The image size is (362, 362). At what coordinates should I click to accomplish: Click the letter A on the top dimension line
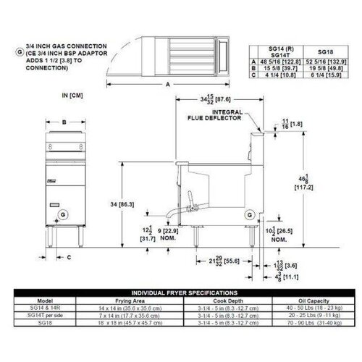tap(170, 85)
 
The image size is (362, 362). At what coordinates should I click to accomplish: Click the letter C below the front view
tap(69, 256)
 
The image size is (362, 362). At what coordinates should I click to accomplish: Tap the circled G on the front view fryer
tap(63, 214)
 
